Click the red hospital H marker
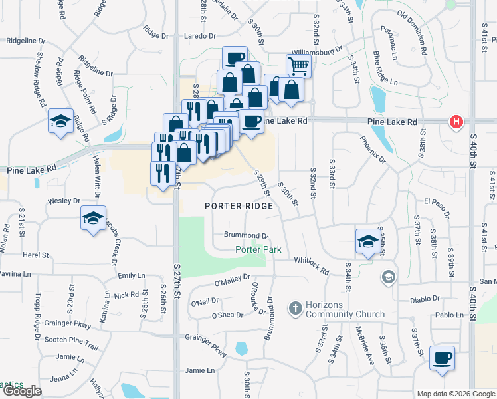(456, 122)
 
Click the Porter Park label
(258, 250)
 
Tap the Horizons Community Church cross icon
(295, 308)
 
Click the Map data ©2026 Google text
(455, 394)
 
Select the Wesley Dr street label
(64, 201)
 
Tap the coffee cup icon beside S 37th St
(442, 358)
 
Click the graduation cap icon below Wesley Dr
(93, 217)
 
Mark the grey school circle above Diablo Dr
(388, 276)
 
